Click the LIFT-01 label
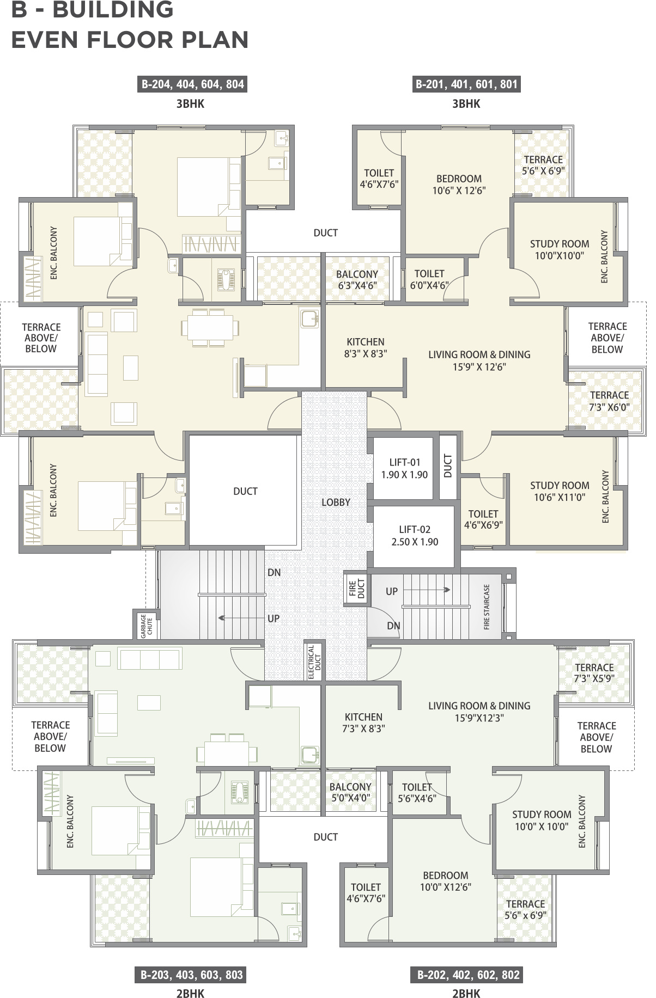(x=404, y=462)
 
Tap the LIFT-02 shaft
(x=414, y=536)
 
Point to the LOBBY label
(x=336, y=503)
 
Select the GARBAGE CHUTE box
(x=147, y=626)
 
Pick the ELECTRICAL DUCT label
(x=313, y=662)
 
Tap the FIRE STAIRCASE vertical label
(x=487, y=607)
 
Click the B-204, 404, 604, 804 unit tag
(x=192, y=84)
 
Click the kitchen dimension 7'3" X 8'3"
(x=363, y=728)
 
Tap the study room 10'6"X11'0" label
(x=560, y=491)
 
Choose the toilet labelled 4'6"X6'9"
(x=483, y=519)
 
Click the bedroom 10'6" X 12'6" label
(x=459, y=185)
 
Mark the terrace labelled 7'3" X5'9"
(x=594, y=673)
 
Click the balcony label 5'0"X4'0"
(x=350, y=792)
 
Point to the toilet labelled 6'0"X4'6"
(x=429, y=279)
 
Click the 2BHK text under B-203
(x=190, y=994)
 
